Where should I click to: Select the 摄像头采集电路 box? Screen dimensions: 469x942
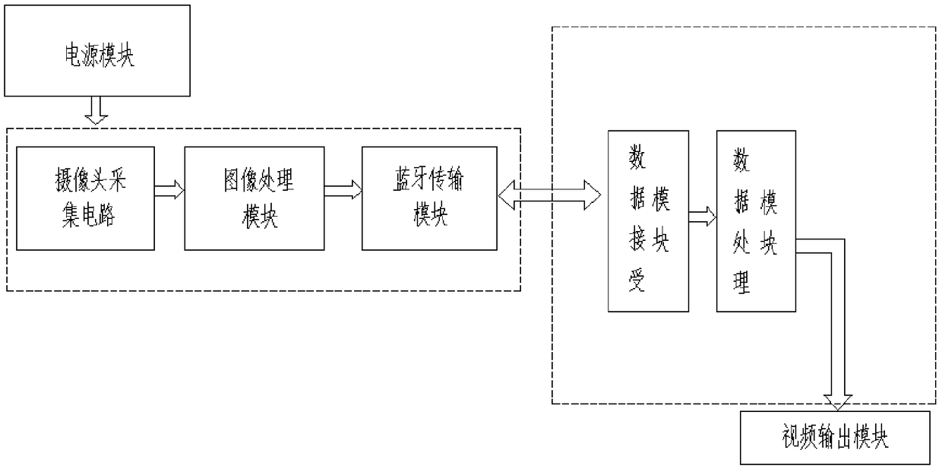click(x=84, y=198)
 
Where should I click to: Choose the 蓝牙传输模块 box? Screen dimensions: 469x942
click(x=430, y=198)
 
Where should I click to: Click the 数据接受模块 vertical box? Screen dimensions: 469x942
click(x=648, y=220)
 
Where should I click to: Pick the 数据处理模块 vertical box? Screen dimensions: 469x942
click(x=756, y=220)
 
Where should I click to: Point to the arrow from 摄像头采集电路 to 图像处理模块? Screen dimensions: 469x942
click(x=169, y=189)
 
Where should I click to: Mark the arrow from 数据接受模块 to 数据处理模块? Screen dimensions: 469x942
click(x=703, y=217)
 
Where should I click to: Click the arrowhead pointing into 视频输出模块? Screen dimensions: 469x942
click(x=838, y=402)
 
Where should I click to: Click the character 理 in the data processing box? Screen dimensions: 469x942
click(x=741, y=283)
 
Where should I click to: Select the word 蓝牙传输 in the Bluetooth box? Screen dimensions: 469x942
click(x=430, y=182)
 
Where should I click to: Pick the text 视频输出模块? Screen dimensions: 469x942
click(x=834, y=438)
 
